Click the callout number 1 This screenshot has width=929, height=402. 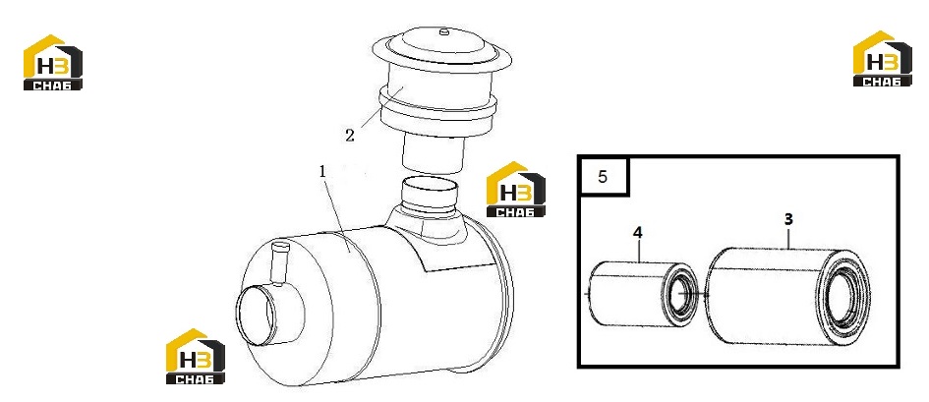(322, 172)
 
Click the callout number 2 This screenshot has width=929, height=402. (350, 136)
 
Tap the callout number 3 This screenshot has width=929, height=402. (788, 219)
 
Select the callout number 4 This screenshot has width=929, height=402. (637, 233)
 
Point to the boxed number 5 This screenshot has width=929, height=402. (603, 177)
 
